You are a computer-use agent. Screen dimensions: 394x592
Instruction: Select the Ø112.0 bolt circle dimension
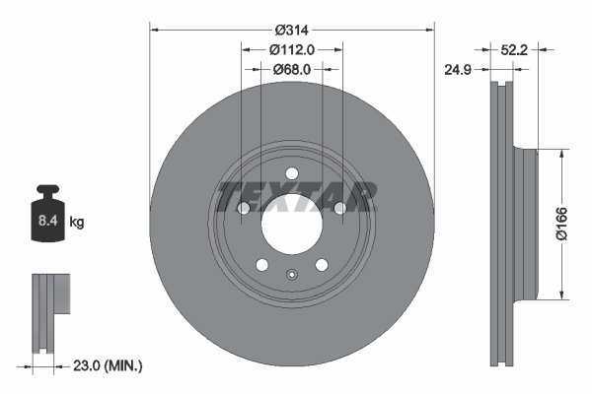tap(291, 49)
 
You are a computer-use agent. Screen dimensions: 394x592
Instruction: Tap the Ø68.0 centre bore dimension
tap(291, 69)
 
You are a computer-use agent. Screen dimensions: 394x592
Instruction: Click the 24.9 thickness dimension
tap(457, 69)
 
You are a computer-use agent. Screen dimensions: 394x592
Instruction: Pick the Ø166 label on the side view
tap(559, 224)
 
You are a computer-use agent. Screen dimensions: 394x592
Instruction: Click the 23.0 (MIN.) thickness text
tap(109, 365)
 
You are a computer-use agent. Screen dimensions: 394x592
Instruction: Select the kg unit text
tap(77, 223)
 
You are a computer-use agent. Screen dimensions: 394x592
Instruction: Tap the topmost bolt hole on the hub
tap(291, 175)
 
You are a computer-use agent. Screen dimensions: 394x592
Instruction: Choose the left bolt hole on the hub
tap(244, 208)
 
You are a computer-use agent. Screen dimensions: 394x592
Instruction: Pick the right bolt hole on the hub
tap(339, 208)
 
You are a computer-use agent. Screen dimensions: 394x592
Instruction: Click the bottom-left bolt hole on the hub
tap(261, 264)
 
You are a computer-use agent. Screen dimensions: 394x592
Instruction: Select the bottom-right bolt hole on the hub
tap(321, 264)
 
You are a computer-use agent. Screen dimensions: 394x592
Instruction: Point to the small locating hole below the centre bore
tap(291, 275)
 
